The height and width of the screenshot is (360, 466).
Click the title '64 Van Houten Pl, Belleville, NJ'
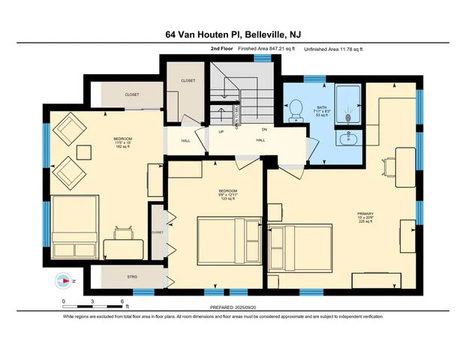[x=233, y=34]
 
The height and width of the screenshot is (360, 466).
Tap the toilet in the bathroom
[x=296, y=106]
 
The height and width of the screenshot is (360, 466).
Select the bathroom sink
[x=346, y=138]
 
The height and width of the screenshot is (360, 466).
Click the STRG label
[x=132, y=277]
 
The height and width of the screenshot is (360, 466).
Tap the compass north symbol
[x=63, y=281]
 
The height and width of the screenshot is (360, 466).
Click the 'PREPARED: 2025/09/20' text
[x=233, y=307]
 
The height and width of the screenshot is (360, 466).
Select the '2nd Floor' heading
[x=221, y=49]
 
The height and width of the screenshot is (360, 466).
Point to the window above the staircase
[x=262, y=58]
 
